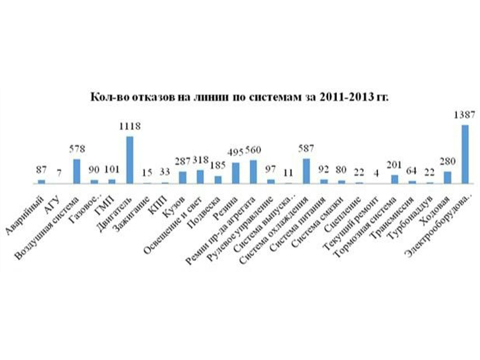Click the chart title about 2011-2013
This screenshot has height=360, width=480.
click(239, 96)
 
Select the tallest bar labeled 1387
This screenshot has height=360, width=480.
click(464, 154)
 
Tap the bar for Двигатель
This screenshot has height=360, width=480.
click(129, 159)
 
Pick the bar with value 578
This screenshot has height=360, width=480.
click(77, 171)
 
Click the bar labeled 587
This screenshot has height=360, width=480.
click(306, 171)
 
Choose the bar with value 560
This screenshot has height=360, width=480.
click(253, 171)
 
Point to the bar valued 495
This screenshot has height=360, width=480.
click(235, 173)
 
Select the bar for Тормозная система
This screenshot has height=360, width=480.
click(394, 179)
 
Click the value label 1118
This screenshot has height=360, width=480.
click(129, 126)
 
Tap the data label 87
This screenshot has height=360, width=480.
click(41, 170)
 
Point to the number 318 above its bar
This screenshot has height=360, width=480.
click(200, 160)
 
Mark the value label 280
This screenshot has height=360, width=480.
click(447, 162)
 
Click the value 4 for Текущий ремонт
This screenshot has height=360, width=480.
click(376, 174)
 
